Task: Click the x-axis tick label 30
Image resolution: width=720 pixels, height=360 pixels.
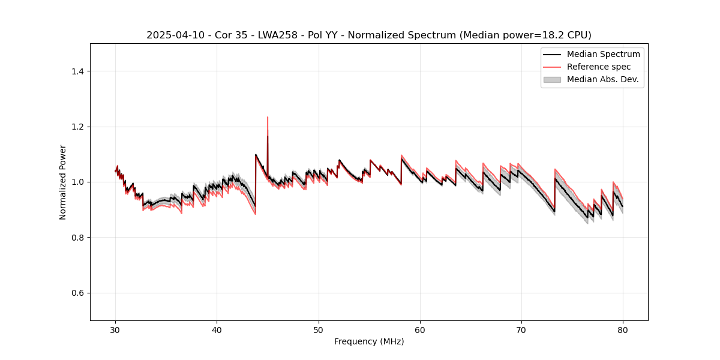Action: (116, 329)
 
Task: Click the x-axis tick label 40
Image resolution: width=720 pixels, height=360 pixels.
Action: (217, 329)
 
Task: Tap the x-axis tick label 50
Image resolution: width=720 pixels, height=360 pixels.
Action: (319, 329)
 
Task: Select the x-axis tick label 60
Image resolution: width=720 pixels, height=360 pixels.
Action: (420, 329)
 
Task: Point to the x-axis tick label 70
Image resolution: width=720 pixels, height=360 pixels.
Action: (521, 329)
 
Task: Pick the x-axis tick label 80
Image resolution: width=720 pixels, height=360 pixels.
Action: (623, 329)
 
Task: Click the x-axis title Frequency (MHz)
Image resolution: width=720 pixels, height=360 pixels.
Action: (369, 341)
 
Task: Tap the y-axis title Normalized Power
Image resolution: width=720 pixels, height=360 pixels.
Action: (63, 182)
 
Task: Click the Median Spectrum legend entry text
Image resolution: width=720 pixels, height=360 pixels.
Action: (603, 54)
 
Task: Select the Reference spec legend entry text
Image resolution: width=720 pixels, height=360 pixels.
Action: (599, 67)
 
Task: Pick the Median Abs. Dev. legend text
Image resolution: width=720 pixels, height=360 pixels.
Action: (603, 79)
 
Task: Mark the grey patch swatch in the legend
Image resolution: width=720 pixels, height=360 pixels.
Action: (552, 79)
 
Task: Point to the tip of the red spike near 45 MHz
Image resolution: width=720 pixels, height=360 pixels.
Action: (268, 117)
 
